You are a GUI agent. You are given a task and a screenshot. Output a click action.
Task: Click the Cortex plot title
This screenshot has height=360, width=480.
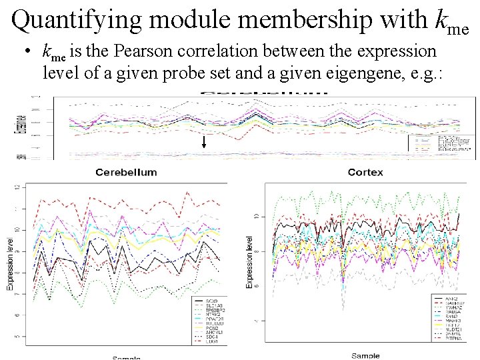[x=365, y=172]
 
